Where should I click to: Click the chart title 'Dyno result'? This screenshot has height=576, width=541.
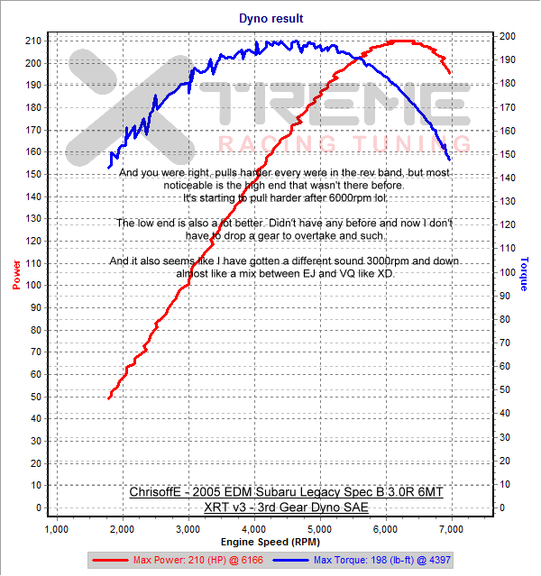point(270,17)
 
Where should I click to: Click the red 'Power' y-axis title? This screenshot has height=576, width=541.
point(15,275)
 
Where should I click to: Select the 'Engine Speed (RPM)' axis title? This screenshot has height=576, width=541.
point(270,543)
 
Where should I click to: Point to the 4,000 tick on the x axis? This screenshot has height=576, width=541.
point(254,528)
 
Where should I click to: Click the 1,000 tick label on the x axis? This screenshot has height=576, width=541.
point(58,528)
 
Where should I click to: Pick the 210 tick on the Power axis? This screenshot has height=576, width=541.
point(32,41)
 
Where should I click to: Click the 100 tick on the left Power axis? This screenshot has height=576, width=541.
point(32,285)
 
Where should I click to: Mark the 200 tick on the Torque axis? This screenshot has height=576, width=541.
point(509,36)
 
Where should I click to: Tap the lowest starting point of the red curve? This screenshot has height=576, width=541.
point(109,398)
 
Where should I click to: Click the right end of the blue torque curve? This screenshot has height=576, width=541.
point(449,160)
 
